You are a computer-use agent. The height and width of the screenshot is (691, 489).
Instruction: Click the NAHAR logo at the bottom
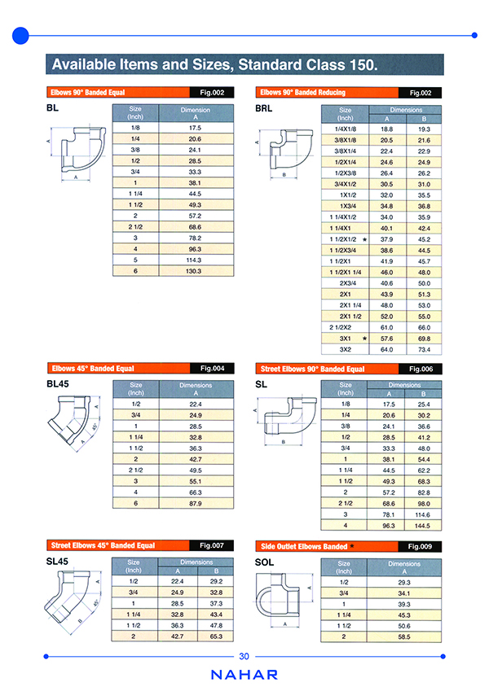(244, 675)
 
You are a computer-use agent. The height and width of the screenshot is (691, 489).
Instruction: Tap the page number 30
(244, 657)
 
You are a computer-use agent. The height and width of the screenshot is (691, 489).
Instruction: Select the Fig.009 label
(420, 546)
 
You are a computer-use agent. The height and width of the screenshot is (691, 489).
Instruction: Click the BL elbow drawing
(77, 152)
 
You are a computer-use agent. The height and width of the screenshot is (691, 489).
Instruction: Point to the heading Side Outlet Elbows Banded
(304, 546)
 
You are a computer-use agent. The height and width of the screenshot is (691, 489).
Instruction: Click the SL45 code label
(60, 562)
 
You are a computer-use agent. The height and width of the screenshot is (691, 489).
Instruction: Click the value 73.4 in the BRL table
(424, 348)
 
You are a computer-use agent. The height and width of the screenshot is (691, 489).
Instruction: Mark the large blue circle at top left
(22, 35)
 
